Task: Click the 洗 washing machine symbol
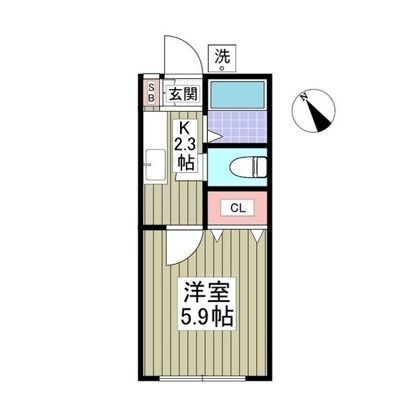(222, 58)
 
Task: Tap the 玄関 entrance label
(183, 94)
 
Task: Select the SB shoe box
(151, 93)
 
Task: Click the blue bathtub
(238, 95)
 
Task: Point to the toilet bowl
(249, 167)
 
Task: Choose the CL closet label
(238, 208)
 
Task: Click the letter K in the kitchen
(185, 128)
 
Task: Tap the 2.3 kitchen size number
(186, 145)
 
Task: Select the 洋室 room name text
(206, 291)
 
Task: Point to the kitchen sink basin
(156, 165)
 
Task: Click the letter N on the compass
(304, 97)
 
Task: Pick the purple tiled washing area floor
(238, 127)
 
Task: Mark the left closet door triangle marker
(218, 235)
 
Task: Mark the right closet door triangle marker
(257, 235)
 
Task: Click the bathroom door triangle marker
(214, 136)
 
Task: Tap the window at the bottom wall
(203, 378)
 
